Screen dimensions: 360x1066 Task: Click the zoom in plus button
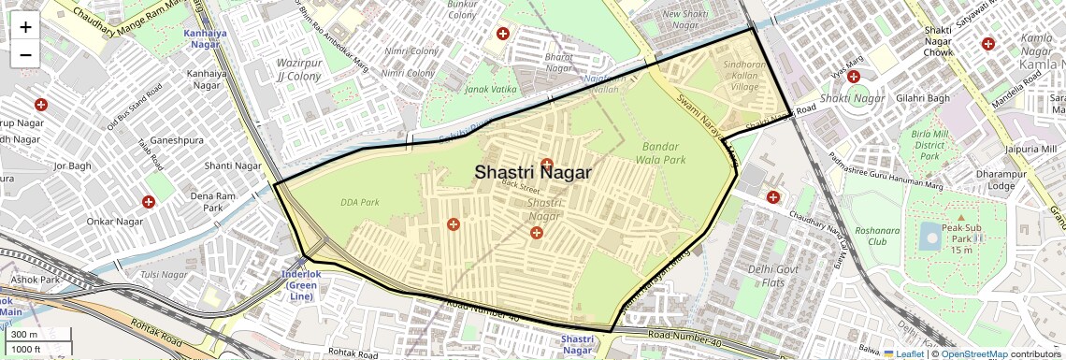25,27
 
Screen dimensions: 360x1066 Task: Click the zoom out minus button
25,55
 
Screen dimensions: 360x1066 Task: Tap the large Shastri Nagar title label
532,172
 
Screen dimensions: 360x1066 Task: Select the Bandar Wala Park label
664,153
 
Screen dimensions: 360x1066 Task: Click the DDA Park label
360,202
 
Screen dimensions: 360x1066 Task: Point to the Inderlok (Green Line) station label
301,285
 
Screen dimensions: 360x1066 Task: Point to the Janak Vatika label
490,89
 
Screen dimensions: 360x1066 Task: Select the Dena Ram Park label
212,201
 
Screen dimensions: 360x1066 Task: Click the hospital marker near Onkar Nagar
148,202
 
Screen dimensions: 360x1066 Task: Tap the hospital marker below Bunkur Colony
502,34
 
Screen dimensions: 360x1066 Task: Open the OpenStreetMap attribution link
973,353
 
